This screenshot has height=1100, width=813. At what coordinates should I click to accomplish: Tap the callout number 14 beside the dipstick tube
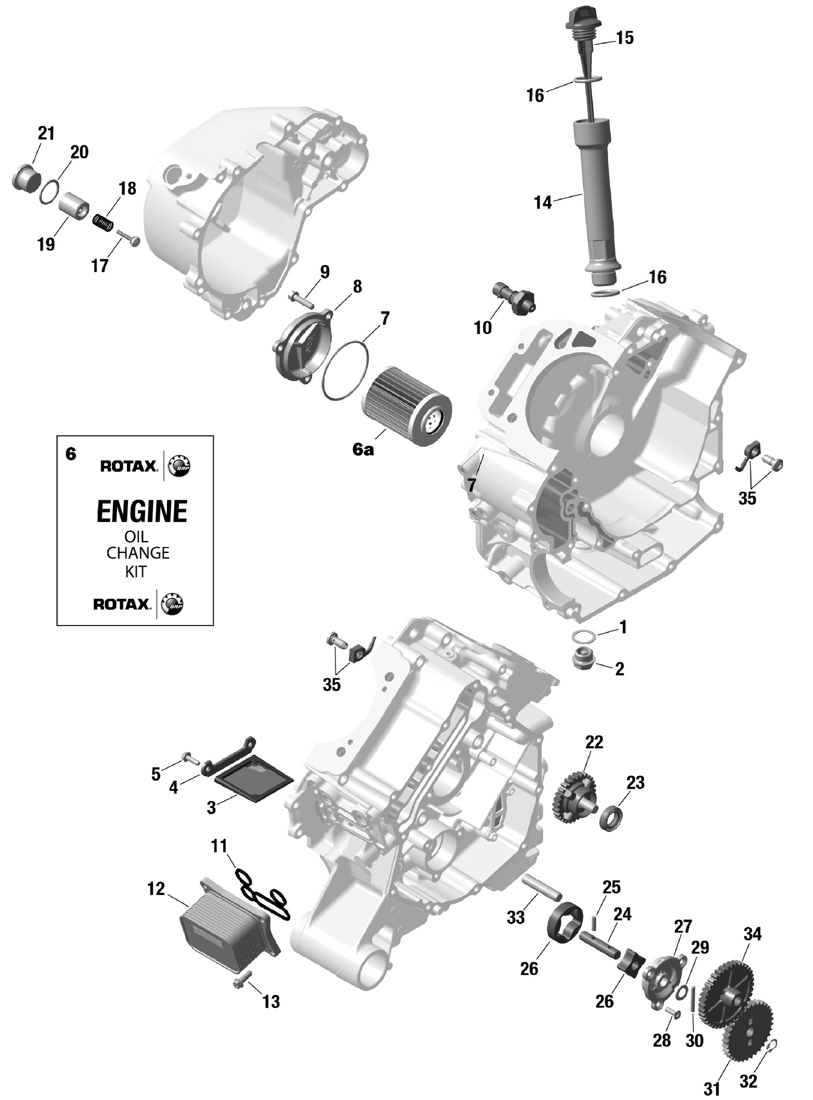[543, 203]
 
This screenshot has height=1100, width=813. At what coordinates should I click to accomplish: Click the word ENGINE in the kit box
[142, 511]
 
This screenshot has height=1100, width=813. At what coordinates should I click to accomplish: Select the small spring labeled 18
[105, 222]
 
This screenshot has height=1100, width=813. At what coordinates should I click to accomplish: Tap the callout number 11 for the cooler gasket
[219, 846]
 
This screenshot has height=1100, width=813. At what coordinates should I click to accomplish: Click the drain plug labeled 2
[584, 659]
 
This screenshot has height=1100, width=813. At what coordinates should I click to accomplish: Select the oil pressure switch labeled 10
[517, 300]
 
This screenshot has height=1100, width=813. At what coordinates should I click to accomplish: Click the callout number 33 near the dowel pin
[515, 917]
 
